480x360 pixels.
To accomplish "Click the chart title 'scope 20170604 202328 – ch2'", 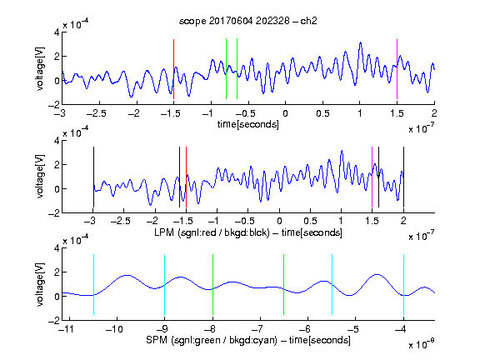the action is pos(248,21).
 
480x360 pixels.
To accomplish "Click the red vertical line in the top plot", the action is pos(173,69).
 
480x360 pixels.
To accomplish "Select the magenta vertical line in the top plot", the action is pos(397,69).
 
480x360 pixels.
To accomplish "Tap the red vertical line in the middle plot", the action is pos(186,177).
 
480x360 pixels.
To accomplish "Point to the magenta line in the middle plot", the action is pos(372,177).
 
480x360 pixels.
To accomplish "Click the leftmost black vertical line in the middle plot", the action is pos(93,177).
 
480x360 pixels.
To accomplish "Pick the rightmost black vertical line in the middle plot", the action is pos(403,177).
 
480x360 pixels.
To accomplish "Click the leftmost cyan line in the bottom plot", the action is pos(93,285).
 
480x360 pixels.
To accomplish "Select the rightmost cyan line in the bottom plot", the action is pos(403,285).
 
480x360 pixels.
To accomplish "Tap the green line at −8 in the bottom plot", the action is pos(212,285).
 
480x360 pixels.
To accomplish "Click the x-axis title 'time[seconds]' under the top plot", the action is pos(248,124).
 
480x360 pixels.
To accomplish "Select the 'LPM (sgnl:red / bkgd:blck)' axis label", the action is pos(212,232).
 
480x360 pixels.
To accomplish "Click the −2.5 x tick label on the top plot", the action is pos(96,113).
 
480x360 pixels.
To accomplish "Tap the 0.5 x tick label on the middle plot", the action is pos(310,221).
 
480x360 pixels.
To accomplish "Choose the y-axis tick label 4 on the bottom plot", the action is pos(57,248).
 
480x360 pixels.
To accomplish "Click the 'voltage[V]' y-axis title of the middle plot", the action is pos(40,177).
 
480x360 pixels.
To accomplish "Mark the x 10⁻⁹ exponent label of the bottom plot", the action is pos(422,344).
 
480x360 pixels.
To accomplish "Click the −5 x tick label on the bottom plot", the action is pos(354,329).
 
